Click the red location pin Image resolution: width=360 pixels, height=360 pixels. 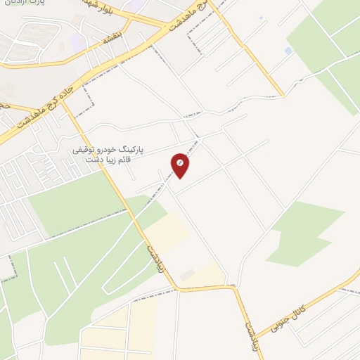point(181,165)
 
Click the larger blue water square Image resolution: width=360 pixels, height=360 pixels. point(288,51)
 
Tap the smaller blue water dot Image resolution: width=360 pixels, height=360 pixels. point(261,17)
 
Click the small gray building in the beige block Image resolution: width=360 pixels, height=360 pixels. point(186,274)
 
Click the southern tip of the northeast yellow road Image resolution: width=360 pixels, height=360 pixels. point(283,95)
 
